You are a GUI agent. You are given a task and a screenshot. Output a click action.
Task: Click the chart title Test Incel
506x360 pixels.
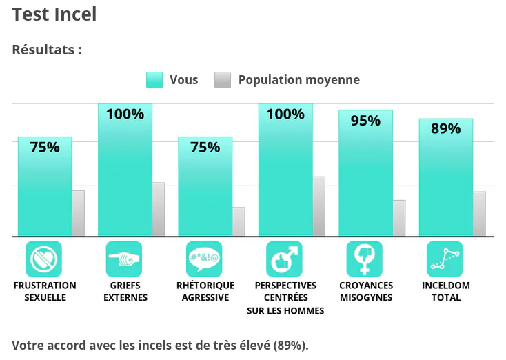[x=54, y=14]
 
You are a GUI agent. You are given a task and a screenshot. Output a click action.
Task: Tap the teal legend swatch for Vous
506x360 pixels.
[x=154, y=80]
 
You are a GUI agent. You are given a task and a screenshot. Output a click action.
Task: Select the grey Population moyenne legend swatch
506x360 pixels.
[x=223, y=80]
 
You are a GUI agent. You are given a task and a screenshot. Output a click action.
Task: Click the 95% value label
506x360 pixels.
[x=365, y=121]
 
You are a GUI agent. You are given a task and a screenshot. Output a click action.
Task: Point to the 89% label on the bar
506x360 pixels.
[x=445, y=128]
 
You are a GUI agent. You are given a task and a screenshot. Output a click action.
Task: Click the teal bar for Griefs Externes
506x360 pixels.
[x=125, y=170]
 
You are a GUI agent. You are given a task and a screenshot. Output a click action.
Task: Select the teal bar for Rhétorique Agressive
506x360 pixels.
[x=205, y=187]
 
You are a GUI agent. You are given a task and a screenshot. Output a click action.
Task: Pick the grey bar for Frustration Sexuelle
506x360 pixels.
[x=78, y=213]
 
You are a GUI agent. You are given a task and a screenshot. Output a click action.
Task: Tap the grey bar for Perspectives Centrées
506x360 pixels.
[x=318, y=207]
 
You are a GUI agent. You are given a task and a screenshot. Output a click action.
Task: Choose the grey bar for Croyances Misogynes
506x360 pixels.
[x=399, y=218]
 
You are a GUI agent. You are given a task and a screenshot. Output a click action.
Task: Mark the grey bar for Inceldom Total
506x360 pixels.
[x=480, y=214]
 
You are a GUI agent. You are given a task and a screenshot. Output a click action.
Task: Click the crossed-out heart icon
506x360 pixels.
[x=43, y=259]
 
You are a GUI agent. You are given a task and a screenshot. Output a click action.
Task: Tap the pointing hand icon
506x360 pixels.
[x=124, y=259]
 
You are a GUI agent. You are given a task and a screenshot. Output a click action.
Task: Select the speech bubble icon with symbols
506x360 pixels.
[x=204, y=259]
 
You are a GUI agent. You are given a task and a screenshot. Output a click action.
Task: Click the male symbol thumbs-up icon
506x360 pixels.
[x=284, y=259]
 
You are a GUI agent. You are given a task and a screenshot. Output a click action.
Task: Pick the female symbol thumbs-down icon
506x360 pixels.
[x=365, y=259]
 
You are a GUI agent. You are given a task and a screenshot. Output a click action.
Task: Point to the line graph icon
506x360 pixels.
[x=445, y=259]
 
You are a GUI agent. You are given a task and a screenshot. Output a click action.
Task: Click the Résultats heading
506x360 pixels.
[x=47, y=50]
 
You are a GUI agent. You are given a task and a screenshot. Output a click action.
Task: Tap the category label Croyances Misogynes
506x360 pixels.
[x=366, y=291]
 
